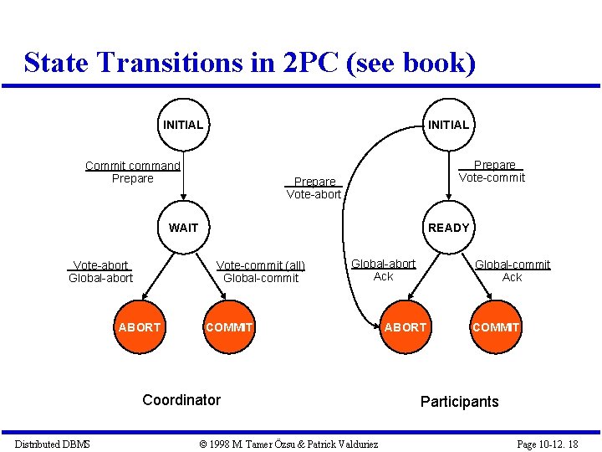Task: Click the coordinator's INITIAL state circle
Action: [182, 125]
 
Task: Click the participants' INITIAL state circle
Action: [448, 125]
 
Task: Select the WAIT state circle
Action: [182, 227]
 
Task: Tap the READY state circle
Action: [448, 227]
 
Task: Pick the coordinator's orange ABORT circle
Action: [139, 326]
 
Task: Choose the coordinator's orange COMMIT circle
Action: [228, 326]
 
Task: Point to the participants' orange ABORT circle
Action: [405, 326]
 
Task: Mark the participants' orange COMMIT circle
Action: [495, 326]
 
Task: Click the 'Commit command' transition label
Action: [132, 165]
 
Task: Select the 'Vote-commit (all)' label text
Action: [261, 266]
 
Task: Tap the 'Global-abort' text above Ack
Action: [383, 264]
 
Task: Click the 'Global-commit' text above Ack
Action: [513, 265]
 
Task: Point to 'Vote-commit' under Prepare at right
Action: [492, 177]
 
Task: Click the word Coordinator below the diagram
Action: [181, 400]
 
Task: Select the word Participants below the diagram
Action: [459, 402]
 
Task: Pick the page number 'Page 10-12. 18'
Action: [548, 444]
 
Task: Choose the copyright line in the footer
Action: [288, 444]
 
